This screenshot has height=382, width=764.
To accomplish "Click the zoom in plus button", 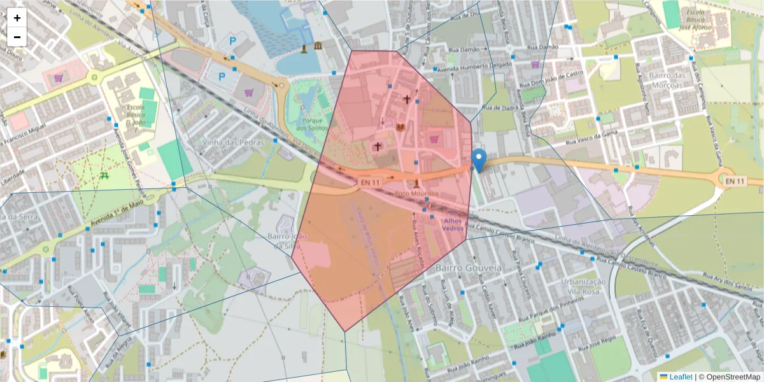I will pyautogui.click(x=17, y=18).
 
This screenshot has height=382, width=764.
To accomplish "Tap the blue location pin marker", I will pyautogui.click(x=479, y=159).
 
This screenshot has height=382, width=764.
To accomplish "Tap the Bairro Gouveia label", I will pyautogui.click(x=469, y=268).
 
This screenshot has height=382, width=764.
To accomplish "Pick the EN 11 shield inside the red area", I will pyautogui.click(x=370, y=182).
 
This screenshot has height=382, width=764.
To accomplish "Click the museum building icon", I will pyautogui.click(x=317, y=46).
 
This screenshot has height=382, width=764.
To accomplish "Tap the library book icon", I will pyautogui.click(x=400, y=128).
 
